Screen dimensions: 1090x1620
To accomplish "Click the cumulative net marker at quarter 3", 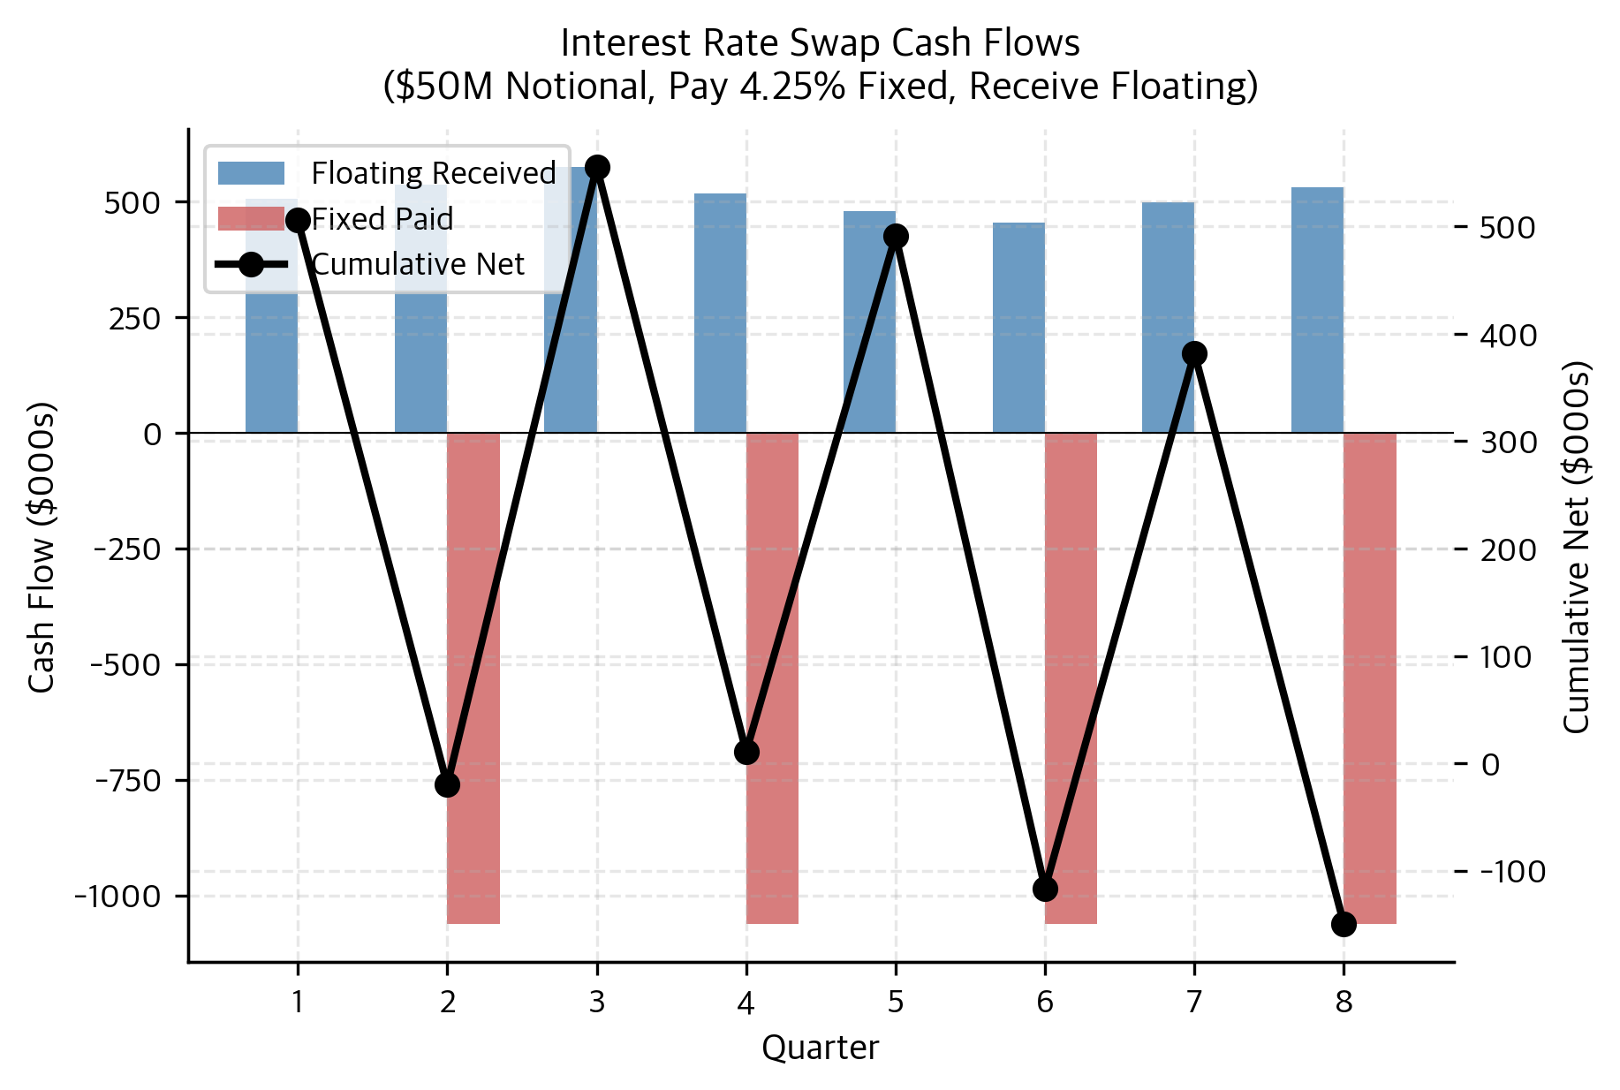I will (597, 168).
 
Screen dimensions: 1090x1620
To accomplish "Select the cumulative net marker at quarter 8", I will (1344, 924).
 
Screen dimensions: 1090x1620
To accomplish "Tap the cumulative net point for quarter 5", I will (896, 237).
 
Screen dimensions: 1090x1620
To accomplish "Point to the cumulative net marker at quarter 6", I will (1045, 889).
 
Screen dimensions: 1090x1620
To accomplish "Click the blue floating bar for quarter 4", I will (720, 314).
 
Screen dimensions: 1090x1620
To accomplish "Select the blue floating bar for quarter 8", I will (1317, 309).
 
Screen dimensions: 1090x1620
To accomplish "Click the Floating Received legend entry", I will (433, 173).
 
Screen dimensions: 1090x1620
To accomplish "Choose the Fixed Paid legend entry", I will (382, 219).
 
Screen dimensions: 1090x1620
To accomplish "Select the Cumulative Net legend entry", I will (418, 264).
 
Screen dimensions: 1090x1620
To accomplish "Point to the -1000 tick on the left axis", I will (118, 897).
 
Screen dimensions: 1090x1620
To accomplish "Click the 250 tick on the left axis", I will (134, 319).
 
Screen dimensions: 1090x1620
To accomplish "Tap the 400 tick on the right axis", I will (1508, 336).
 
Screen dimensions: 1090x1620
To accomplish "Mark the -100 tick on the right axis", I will (1513, 872).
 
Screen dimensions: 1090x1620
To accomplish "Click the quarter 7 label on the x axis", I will (1194, 1002).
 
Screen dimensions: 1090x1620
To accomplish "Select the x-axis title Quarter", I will (820, 1048).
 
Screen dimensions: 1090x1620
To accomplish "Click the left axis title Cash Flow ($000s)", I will (42, 548).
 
